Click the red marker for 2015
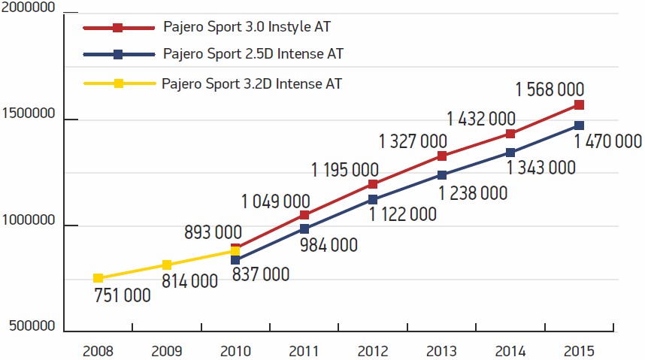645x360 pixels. point(578,104)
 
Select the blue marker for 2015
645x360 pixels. point(578,126)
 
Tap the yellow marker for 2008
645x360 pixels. point(98,278)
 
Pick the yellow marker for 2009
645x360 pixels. point(167,265)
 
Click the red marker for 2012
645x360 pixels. point(373,183)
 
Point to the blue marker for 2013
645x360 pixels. point(442,175)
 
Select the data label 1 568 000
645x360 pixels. point(550,89)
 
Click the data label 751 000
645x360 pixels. point(123,295)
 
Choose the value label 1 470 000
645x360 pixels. point(607,141)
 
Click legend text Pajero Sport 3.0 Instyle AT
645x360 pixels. point(247,27)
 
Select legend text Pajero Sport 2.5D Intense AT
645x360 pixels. point(253,54)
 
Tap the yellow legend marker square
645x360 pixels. point(118,83)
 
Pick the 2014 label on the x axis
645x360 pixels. point(510,351)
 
